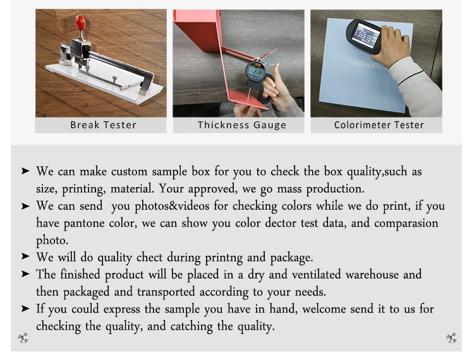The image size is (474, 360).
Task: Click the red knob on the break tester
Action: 80,22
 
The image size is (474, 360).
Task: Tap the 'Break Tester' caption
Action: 103,124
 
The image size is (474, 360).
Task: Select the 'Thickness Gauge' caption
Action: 242,124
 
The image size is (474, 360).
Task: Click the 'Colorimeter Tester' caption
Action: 379,124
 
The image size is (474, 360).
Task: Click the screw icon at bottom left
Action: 23,338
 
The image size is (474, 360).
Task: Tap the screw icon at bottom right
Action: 451,338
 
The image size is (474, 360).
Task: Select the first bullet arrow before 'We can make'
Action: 25,171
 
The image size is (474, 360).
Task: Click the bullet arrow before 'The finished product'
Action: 25,274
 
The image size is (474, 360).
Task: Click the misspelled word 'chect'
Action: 149,257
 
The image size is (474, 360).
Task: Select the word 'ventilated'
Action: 293,274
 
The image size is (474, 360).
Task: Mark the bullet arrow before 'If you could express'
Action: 25,309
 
